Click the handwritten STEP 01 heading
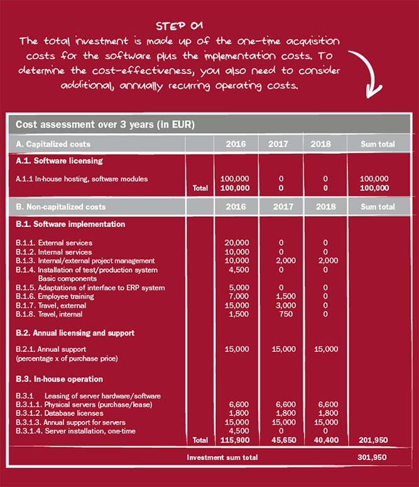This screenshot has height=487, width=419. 180,26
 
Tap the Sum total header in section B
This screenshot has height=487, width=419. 378,207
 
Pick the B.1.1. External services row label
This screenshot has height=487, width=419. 54,243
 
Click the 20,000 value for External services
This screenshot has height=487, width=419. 237,243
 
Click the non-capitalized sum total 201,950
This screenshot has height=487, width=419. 378,440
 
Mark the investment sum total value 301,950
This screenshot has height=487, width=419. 378,457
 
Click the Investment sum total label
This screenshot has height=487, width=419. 222,457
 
